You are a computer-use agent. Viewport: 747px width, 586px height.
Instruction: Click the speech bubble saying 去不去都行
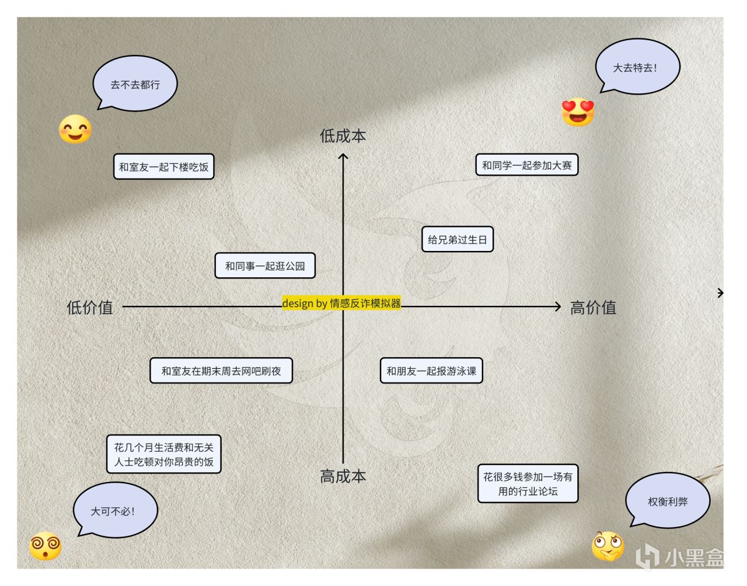(135, 84)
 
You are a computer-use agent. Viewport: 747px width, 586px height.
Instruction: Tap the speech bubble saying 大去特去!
(637, 67)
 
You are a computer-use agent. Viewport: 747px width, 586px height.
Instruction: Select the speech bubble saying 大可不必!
(115, 510)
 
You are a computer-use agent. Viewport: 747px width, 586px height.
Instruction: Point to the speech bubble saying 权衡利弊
(668, 501)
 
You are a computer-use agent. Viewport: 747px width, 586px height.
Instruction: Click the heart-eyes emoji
(578, 111)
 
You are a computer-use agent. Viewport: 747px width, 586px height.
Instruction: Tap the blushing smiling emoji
(75, 129)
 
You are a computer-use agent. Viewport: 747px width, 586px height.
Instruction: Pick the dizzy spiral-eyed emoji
(45, 546)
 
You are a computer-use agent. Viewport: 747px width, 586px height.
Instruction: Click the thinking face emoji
(608, 546)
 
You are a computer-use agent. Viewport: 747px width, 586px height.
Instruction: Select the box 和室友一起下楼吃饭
(163, 166)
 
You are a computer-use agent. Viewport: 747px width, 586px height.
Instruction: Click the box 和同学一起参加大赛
(526, 165)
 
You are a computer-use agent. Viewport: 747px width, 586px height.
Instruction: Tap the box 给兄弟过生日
(457, 239)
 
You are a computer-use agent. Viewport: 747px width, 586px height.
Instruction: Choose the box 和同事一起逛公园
(265, 266)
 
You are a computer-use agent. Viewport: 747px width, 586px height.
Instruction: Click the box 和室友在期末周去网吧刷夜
(221, 371)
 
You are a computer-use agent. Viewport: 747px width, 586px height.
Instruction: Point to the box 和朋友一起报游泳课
(431, 371)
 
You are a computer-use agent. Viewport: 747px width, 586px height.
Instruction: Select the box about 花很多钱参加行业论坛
(528, 483)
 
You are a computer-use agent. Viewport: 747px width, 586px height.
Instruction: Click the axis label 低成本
(343, 136)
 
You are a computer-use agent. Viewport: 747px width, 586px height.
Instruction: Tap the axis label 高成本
(343, 476)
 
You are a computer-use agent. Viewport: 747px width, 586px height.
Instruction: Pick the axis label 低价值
(90, 307)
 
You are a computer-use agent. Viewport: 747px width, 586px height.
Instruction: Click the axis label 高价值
(593, 307)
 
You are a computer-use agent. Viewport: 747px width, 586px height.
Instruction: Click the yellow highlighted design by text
(341, 303)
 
